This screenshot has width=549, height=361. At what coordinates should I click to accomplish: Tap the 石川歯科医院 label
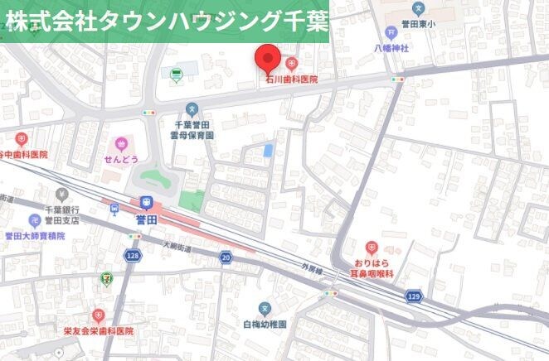point(291,79)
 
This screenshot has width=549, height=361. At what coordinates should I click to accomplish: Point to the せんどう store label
point(122,158)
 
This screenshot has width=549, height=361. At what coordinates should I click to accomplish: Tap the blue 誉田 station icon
point(147,201)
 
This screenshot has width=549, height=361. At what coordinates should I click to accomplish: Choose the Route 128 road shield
point(133,257)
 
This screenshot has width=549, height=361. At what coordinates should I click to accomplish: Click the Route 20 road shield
point(226,258)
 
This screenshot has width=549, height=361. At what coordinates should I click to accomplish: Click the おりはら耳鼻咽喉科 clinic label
point(382,262)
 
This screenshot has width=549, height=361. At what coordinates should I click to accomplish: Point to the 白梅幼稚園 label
point(265,324)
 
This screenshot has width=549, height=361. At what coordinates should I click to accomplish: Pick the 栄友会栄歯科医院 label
point(98,330)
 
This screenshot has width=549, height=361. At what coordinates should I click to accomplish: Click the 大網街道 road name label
point(176,245)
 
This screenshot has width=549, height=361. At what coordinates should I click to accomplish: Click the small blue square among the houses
point(268,150)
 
